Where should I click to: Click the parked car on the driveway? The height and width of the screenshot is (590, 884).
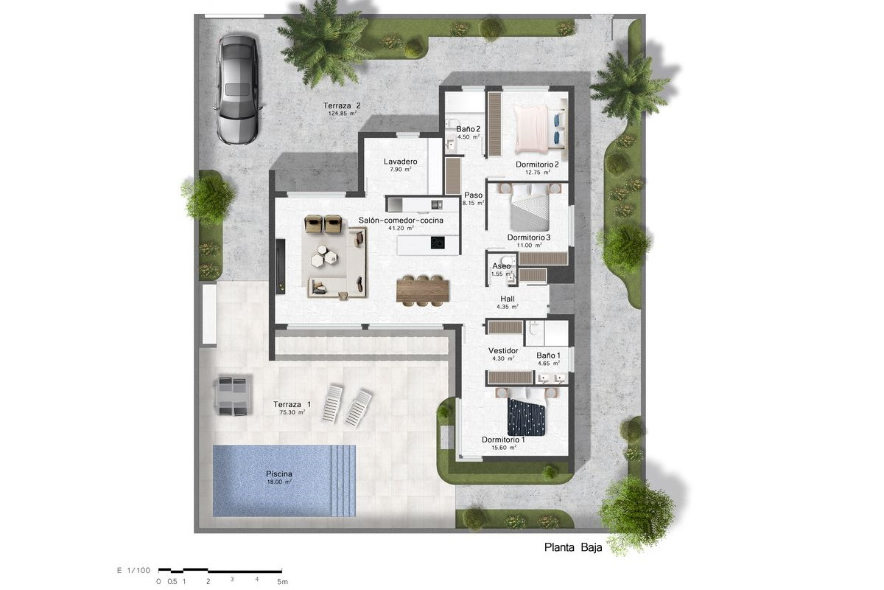(237, 90)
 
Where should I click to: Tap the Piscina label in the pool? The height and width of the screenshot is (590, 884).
(279, 473)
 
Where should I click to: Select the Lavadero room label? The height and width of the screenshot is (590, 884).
(400, 162)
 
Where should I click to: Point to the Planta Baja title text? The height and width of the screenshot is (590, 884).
(573, 547)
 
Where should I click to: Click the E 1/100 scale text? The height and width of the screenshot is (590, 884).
(134, 570)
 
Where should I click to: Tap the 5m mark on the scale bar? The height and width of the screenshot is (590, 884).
(282, 582)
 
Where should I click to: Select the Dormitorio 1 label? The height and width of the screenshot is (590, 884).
(503, 440)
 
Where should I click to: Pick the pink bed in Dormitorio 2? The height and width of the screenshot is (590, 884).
(532, 128)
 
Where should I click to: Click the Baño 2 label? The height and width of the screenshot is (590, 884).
(468, 129)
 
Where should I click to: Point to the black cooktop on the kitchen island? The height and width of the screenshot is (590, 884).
(438, 242)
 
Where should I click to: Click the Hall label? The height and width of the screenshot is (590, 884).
(507, 299)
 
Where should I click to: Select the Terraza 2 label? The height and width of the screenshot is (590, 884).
(342, 105)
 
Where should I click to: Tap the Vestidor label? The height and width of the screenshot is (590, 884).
(503, 350)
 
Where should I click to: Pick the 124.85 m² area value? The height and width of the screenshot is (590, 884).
(342, 114)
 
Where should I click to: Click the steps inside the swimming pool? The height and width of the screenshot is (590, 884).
(343, 481)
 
